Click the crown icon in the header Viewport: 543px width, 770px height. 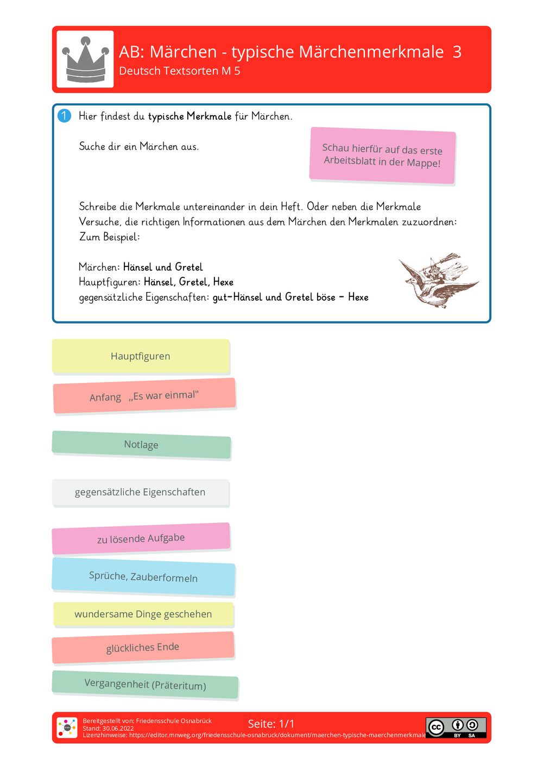point(85,59)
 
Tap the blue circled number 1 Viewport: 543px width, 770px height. point(64,116)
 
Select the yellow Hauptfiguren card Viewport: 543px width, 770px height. point(141,356)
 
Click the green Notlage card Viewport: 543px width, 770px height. point(141,445)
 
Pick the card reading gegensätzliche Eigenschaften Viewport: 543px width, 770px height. point(140,492)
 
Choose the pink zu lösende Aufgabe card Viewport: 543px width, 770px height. point(141,538)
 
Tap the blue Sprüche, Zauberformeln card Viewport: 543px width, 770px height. point(143,576)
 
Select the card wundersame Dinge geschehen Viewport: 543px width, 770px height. point(143,614)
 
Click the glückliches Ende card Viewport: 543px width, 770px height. point(143,647)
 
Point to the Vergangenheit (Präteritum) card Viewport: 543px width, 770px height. point(145,685)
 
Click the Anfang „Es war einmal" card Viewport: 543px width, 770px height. point(144,396)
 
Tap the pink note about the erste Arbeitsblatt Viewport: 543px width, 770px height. point(382,156)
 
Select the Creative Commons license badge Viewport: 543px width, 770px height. point(456,728)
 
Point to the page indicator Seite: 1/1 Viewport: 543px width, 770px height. point(271,724)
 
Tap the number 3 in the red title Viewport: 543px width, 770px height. point(457,52)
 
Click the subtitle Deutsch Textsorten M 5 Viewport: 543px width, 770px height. point(180,71)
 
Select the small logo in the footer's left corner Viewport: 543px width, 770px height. point(67,728)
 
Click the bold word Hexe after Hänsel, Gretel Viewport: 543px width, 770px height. point(223,282)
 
